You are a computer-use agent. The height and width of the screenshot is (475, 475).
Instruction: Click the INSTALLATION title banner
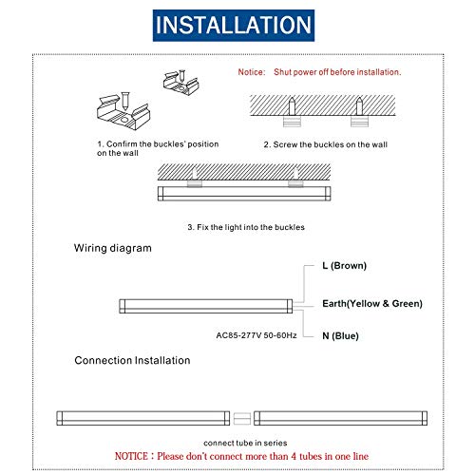pos(237,23)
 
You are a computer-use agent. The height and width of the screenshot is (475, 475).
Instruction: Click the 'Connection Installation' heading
pos(132,361)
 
